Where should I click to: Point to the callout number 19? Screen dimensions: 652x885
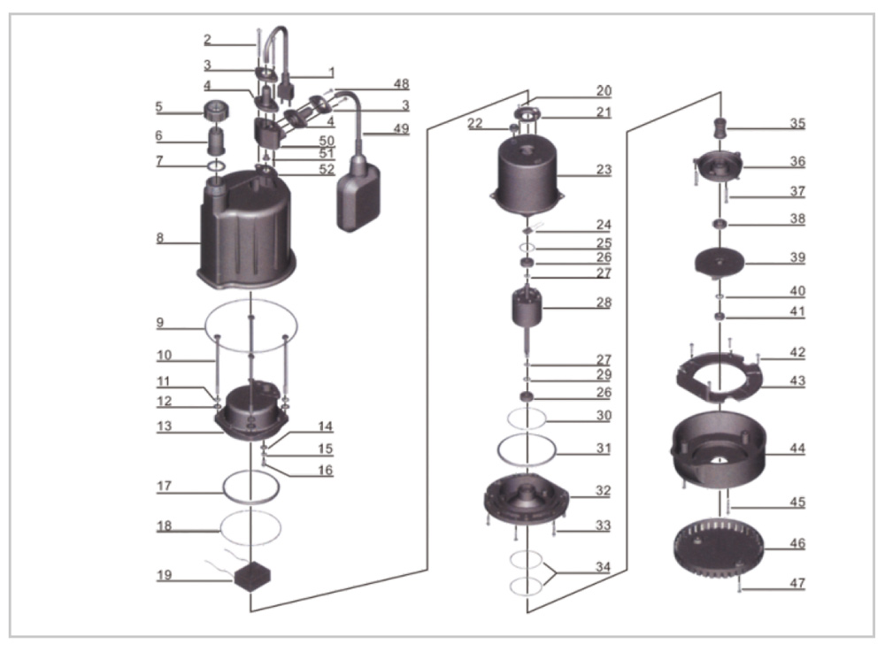pyautogui.click(x=165, y=575)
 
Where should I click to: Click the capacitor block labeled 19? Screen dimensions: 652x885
pyautogui.click(x=252, y=576)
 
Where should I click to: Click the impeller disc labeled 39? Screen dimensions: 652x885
pyautogui.click(x=719, y=259)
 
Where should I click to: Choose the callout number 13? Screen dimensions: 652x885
pyautogui.click(x=165, y=426)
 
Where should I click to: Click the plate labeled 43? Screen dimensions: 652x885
pyautogui.click(x=719, y=375)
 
